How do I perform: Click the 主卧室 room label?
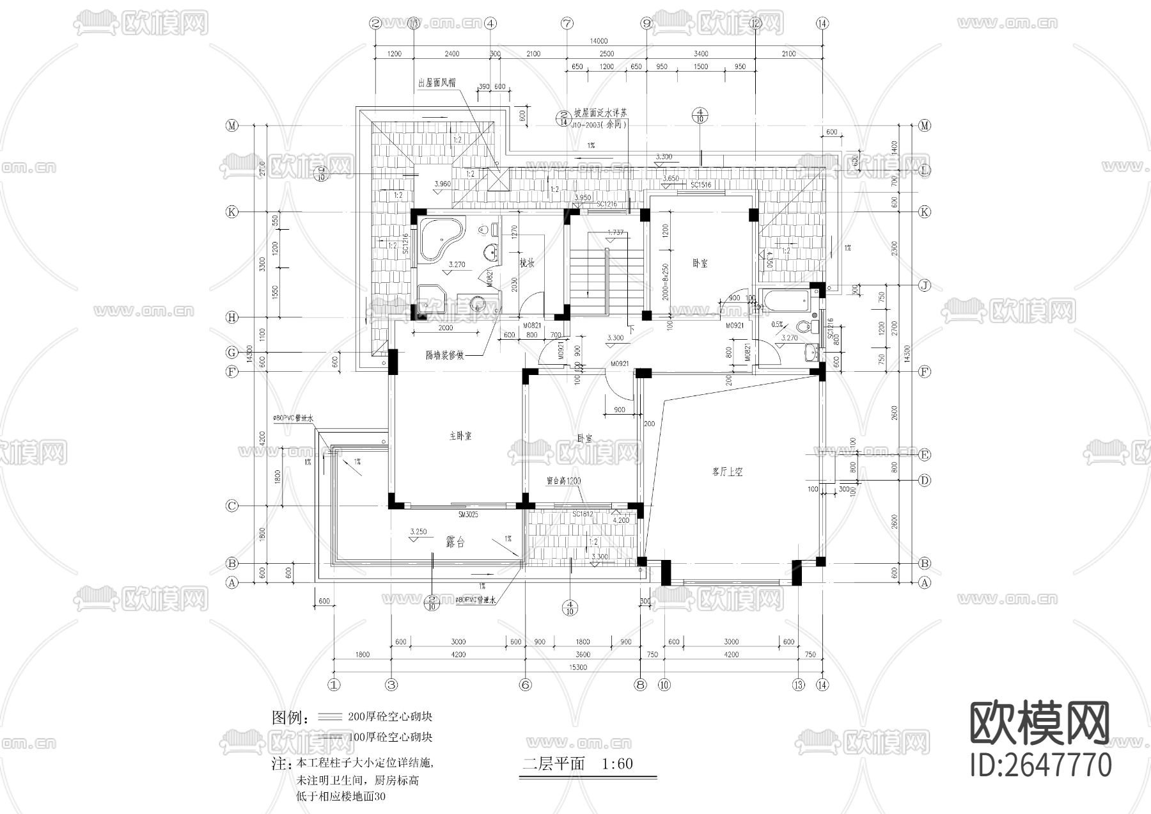pos(460,436)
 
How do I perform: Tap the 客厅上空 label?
pos(727,472)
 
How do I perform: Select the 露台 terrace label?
pos(455,543)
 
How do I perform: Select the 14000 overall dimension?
pos(599,42)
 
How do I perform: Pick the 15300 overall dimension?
pos(577,667)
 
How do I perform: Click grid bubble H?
pos(231,317)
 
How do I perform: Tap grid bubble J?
pos(924,285)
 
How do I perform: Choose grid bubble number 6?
pos(525,685)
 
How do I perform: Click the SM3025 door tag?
pos(468,515)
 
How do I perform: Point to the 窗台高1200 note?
pos(563,481)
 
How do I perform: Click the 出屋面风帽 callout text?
pos(437,83)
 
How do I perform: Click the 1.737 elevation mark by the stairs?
pos(615,232)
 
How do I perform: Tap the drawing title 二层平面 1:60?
pos(577,764)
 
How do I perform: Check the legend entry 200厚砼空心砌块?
pos(390,717)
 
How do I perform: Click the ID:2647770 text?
pos(1042,765)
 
